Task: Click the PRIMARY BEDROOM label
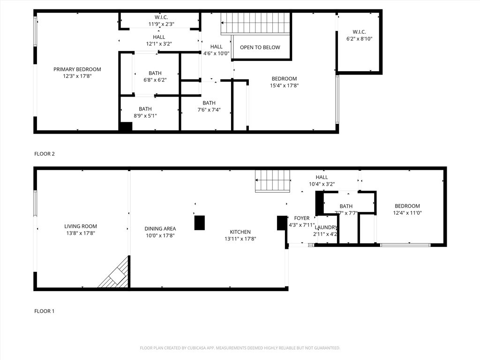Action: coord(77,69)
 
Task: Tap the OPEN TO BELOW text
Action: coord(260,47)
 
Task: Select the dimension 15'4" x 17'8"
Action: coord(284,85)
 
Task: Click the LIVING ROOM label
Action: coord(81,226)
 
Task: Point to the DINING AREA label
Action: coord(160,229)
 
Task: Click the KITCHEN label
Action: coord(240,232)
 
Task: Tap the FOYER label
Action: coord(301,218)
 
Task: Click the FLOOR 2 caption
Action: coord(45,154)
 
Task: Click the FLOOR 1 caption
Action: coord(45,311)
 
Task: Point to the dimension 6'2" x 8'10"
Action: coord(359,39)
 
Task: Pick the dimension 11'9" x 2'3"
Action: coord(158,24)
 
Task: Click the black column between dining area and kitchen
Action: coord(200,222)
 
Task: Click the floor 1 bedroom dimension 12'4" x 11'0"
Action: coord(407,213)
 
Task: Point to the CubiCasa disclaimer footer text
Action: coord(240,348)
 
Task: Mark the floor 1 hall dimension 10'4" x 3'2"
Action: coord(322,184)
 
